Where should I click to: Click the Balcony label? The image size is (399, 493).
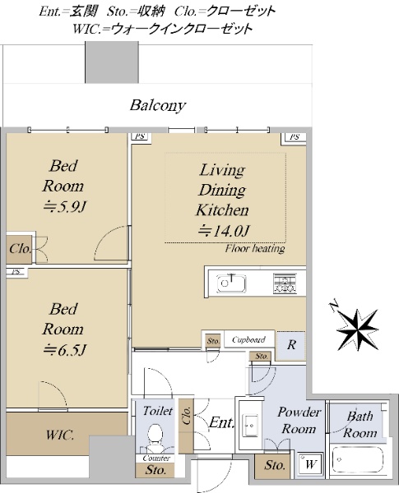click(x=158, y=106)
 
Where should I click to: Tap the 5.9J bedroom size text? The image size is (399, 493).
click(x=64, y=207)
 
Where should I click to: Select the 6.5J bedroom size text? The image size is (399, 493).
click(x=64, y=350)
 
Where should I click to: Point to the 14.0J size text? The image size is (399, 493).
click(x=224, y=231)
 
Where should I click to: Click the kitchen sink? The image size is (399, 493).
click(x=231, y=283)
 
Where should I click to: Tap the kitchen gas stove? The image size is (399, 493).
click(x=285, y=283)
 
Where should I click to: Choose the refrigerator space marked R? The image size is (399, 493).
click(x=291, y=345)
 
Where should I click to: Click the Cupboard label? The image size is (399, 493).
click(x=248, y=339)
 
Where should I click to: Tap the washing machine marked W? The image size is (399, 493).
click(x=310, y=463)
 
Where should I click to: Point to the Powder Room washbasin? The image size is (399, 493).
click(x=251, y=425)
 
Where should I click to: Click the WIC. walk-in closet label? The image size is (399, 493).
click(x=60, y=435)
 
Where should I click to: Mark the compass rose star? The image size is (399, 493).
click(x=357, y=329)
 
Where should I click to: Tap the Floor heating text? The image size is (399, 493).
click(x=255, y=249)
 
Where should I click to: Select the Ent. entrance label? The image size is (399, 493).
click(x=222, y=422)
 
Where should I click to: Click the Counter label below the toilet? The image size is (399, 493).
click(x=156, y=458)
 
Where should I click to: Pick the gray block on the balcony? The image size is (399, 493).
click(x=112, y=62)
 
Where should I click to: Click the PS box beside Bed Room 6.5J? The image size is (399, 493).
click(x=17, y=272)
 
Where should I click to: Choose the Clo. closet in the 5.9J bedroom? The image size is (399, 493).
click(x=20, y=249)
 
